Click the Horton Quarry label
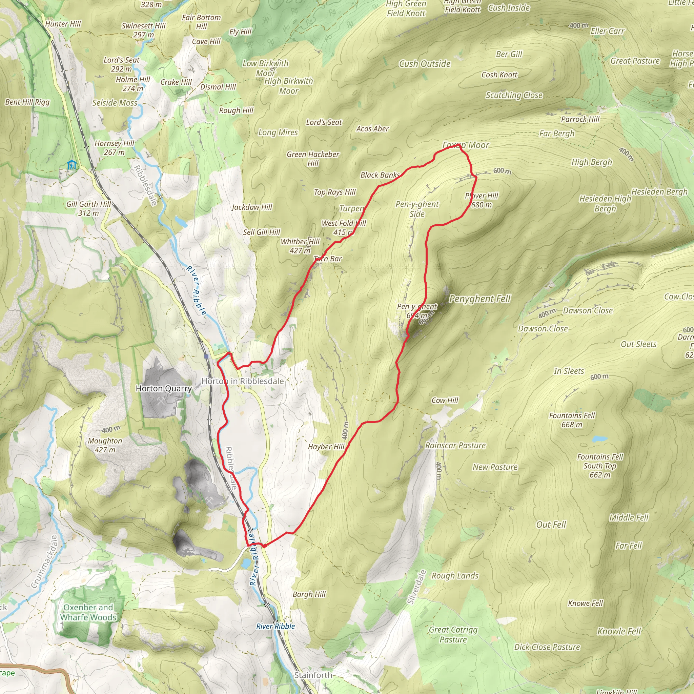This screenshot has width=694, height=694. pyautogui.click(x=163, y=388)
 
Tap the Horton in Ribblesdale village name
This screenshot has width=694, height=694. pyautogui.click(x=243, y=381)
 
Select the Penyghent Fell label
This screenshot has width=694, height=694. pyautogui.click(x=479, y=299)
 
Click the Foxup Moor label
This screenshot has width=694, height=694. pyautogui.click(x=466, y=145)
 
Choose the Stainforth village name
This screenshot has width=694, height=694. pyautogui.click(x=313, y=675)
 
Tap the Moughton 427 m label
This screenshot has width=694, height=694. pyautogui.click(x=105, y=445)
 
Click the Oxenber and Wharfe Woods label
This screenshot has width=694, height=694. pyautogui.click(x=88, y=612)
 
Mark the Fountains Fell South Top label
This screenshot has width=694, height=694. pyautogui.click(x=600, y=466)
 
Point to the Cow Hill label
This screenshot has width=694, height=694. pyautogui.click(x=445, y=400)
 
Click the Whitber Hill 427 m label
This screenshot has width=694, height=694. pyautogui.click(x=300, y=246)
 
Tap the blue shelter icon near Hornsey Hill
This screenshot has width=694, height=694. pyautogui.click(x=72, y=165)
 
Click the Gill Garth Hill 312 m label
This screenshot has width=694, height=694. pyautogui.click(x=89, y=208)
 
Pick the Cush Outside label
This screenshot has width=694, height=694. pyautogui.click(x=425, y=64)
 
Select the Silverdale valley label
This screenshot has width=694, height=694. pyautogui.click(x=417, y=587)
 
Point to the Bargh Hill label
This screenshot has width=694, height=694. pyautogui.click(x=309, y=594)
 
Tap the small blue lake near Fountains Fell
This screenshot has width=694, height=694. pyautogui.click(x=599, y=438)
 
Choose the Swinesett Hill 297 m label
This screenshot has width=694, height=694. pyautogui.click(x=143, y=30)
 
